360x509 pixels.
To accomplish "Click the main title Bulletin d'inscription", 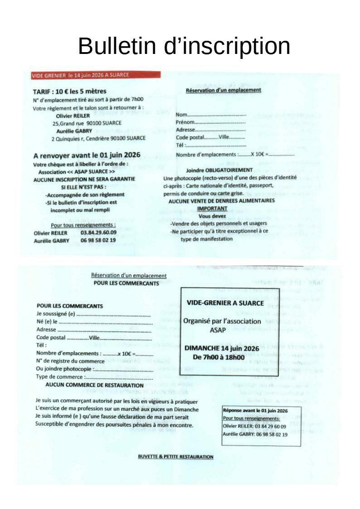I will [184, 46].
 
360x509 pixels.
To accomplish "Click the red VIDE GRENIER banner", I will [96, 75].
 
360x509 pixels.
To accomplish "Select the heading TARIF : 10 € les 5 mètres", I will [69, 92].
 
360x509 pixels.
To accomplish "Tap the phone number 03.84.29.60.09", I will [98, 233].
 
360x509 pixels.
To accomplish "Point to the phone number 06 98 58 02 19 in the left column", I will [98, 240].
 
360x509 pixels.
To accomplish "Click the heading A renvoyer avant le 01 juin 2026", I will [87, 155].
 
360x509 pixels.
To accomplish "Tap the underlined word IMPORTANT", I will [212, 208].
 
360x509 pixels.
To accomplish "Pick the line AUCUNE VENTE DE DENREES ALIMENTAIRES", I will [221, 201].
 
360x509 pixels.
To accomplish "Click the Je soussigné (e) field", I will [113, 314].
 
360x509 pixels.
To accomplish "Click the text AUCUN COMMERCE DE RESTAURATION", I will [94, 385].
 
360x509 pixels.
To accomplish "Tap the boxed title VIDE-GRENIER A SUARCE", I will [225, 303].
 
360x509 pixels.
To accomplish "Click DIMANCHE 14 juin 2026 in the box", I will [221, 349].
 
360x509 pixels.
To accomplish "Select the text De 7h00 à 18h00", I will [219, 357].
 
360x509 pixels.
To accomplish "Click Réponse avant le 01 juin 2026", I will [255, 411].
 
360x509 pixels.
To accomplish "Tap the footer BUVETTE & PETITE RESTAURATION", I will [175, 456].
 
